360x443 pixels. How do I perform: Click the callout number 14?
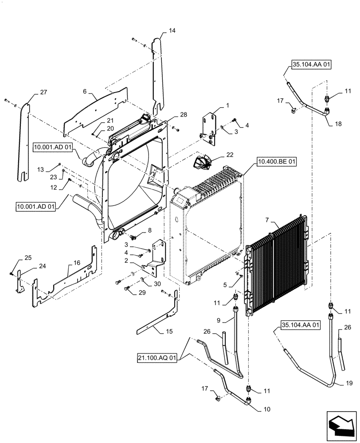(x=172, y=31)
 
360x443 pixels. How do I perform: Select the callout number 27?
(x=43, y=93)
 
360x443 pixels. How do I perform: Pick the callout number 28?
(x=184, y=115)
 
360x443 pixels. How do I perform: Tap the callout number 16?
(x=77, y=263)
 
